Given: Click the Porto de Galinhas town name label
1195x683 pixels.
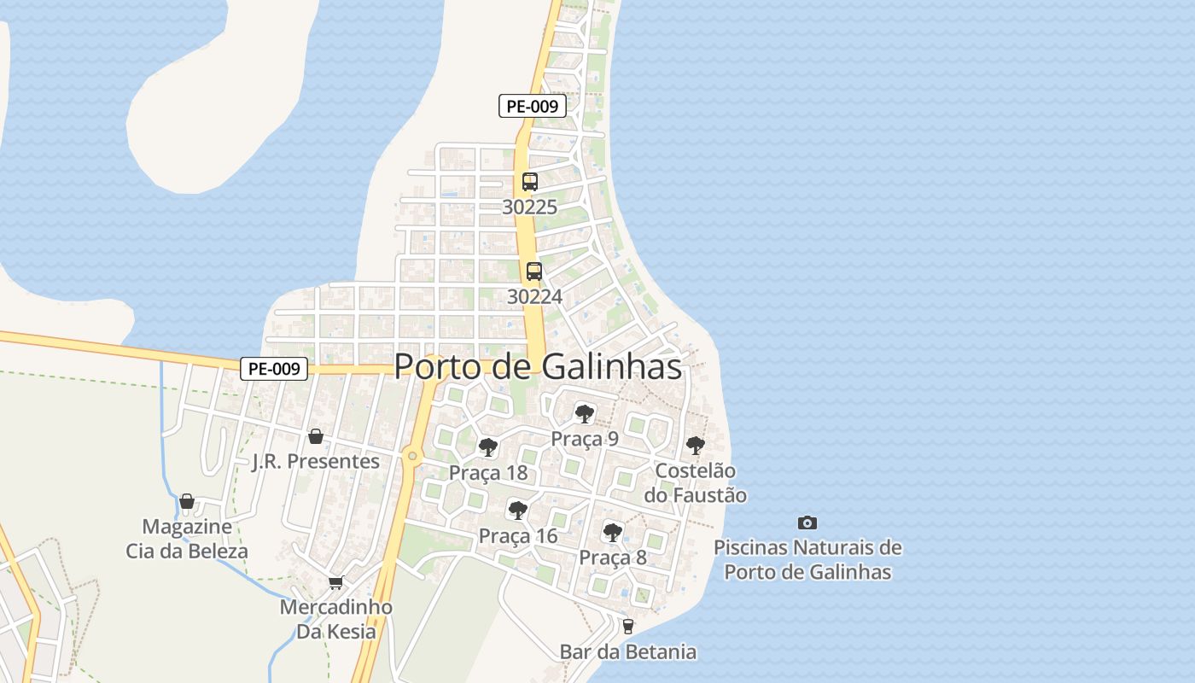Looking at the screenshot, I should pos(538,366).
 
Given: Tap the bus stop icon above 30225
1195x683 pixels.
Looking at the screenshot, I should pos(529,181).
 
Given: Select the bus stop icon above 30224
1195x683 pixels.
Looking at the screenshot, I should pos(534,271).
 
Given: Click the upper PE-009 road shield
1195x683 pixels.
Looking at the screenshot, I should pos(533,106).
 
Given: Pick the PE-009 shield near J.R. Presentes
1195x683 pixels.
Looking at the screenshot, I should pos(273,369).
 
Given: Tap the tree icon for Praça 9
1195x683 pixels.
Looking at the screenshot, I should pos(585,414).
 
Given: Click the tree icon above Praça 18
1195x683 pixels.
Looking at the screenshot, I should pos(488,447).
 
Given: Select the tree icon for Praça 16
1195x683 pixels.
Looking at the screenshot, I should pos(517,511).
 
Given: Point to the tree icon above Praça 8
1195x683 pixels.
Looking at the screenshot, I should pos(613,533).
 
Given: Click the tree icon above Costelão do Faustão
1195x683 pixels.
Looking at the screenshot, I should pos(696,445).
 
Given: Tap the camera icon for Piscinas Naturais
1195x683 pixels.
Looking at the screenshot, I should pos(807,522).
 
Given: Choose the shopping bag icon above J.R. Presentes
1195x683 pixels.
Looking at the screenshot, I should pos(316,436).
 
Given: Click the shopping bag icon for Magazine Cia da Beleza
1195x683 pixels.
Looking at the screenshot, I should pos(187,501).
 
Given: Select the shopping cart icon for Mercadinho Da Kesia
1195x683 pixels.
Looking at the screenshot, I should pos(336,583).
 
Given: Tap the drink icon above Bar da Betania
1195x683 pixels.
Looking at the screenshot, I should pos(628,627).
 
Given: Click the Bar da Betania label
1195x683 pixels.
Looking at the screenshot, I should pos(628,652).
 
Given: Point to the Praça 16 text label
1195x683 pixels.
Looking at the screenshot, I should pos(517,536).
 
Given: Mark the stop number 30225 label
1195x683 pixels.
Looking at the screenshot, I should pos(529,207).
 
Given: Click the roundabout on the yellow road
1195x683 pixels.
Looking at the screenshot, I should pos(413,456).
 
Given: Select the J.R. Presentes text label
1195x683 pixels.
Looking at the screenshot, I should pos(316,462).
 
